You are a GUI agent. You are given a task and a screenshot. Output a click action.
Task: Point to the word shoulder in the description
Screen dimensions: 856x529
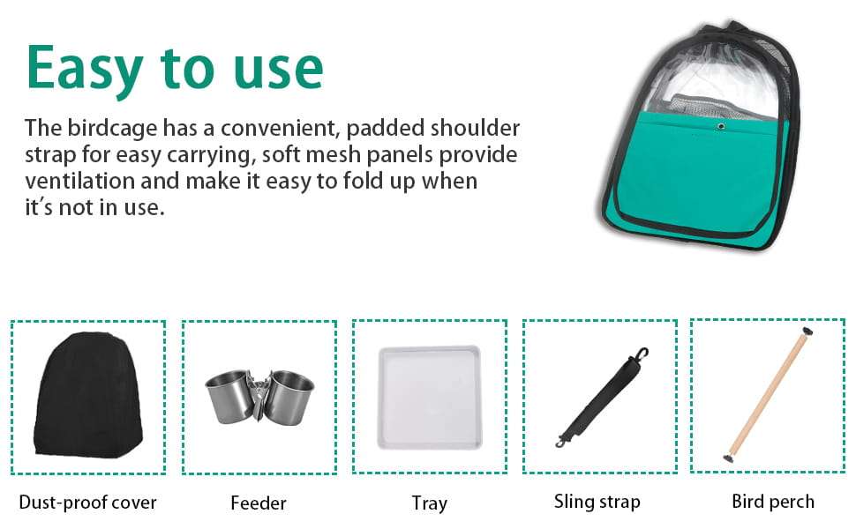[475, 128]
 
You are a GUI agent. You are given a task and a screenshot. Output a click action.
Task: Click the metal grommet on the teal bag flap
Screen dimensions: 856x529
[721, 127]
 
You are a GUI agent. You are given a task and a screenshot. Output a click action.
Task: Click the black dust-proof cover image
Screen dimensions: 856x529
[88, 394]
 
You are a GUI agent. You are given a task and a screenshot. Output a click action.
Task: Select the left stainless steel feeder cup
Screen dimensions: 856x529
[229, 395]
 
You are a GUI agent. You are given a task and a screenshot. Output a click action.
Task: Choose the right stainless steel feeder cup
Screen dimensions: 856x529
[289, 397]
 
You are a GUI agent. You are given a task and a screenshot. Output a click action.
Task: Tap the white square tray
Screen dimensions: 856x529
[430, 397]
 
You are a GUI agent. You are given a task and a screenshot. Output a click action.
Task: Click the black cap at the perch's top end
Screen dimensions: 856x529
[807, 331]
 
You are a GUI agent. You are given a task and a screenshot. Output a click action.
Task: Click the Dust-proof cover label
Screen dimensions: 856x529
[87, 503]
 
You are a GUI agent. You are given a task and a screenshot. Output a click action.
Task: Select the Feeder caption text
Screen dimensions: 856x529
[259, 503]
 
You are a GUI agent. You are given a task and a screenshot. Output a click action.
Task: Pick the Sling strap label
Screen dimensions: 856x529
[597, 502]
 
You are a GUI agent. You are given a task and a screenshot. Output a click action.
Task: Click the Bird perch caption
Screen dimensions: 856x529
[773, 501]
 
